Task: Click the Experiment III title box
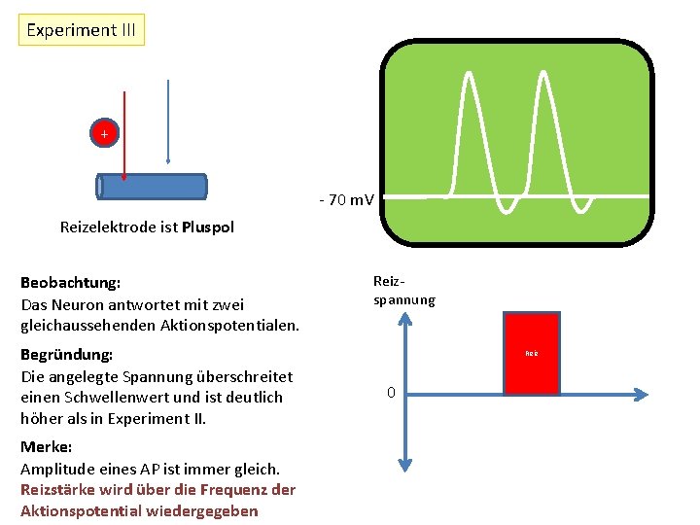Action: click(82, 30)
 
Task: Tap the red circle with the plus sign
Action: click(104, 132)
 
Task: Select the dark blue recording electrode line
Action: click(169, 117)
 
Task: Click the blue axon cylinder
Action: click(153, 187)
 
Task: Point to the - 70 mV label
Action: click(346, 200)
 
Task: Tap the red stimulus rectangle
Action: click(532, 353)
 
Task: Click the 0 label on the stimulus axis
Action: click(391, 393)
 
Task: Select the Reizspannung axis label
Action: click(403, 291)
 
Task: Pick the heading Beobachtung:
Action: click(71, 283)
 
